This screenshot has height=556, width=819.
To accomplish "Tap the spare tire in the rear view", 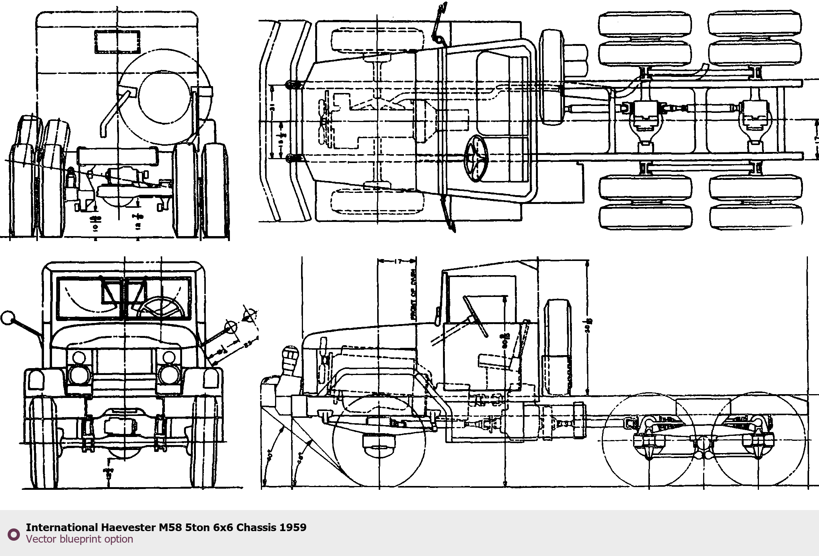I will (164, 95).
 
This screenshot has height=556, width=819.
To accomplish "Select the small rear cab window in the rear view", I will (117, 41).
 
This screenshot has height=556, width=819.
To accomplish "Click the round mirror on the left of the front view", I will (7, 318).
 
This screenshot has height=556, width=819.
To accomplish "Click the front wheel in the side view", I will (379, 440).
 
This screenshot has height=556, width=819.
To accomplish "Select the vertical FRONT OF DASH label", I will (413, 293).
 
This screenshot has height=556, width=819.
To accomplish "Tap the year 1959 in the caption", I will (293, 527).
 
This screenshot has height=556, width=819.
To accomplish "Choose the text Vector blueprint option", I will (80, 539).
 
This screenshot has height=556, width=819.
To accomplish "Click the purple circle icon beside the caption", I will (14, 534).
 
